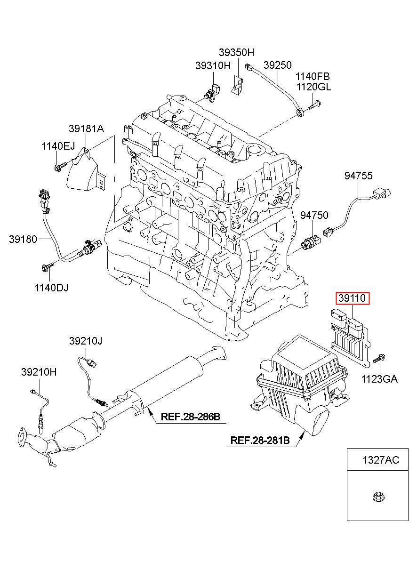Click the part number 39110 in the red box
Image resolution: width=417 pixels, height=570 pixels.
pos(352,298)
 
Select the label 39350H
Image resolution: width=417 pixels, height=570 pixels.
pos(236,53)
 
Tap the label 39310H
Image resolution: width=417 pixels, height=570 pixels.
pos(213,65)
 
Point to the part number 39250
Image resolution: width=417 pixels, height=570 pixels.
pos(277,65)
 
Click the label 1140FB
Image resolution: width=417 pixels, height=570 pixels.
pos(313,76)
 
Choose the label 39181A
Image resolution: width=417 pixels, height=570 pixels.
pos(87,129)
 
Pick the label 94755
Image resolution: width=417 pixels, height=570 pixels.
pos(359,176)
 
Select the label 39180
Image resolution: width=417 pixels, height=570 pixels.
pos(23,239)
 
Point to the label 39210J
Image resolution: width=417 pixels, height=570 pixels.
pos(86,341)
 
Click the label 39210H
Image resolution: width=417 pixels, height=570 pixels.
pos(39,372)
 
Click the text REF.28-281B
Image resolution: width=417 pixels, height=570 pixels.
pos(260,440)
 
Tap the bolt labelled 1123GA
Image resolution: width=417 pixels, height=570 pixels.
pos(379,359)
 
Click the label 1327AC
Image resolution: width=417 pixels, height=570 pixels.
pos(381,460)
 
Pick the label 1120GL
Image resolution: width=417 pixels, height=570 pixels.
pos(314,87)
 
